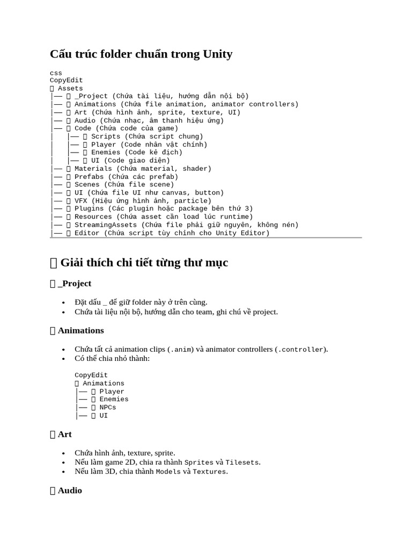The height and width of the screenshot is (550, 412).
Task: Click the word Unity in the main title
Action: [x=218, y=54]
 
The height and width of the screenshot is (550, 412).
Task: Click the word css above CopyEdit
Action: [x=56, y=73]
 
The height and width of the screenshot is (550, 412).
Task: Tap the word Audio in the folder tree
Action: [x=85, y=120]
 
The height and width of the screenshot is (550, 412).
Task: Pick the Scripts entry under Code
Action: [x=106, y=136]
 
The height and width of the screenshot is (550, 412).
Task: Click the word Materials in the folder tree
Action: [x=93, y=169]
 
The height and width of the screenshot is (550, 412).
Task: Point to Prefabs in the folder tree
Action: [x=89, y=177]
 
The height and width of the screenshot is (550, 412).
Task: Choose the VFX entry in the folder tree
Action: [x=81, y=201]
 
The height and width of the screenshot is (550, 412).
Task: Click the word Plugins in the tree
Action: [x=89, y=208]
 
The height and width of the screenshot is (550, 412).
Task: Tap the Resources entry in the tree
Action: [x=93, y=216]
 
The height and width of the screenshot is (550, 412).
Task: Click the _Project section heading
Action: [x=75, y=283]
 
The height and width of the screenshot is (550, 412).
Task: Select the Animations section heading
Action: [x=80, y=330]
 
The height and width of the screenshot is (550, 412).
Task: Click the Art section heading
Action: [x=65, y=434]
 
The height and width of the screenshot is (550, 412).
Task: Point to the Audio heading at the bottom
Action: [x=70, y=490]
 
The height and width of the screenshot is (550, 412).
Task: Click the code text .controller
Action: [x=300, y=350]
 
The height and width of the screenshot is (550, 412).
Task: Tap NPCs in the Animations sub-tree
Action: [x=108, y=407]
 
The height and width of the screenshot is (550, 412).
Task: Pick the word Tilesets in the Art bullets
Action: [x=242, y=462]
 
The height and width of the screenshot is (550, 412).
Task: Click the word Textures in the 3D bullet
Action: [x=210, y=472]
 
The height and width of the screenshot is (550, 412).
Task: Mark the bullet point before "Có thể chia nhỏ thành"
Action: [x=64, y=358]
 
